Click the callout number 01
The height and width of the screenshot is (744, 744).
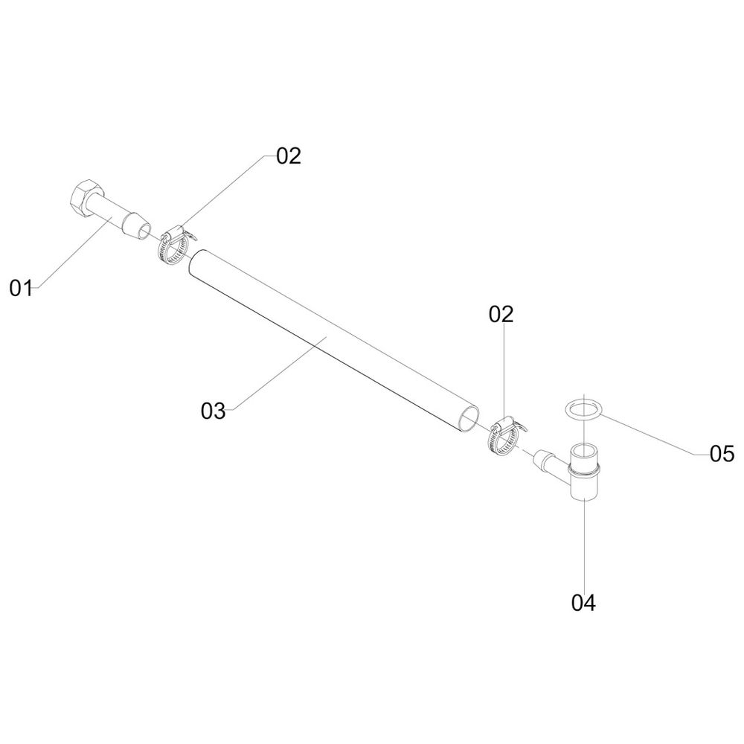[x=22, y=288]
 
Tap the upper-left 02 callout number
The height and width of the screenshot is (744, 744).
[x=289, y=155]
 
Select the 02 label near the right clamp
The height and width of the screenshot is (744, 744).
[x=501, y=314]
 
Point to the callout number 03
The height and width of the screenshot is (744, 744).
[x=213, y=411]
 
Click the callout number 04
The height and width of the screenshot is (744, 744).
[x=583, y=603]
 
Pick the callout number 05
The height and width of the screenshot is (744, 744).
[x=722, y=454]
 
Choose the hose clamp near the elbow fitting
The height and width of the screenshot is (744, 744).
[x=504, y=435]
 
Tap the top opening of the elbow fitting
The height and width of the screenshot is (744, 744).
[x=584, y=449]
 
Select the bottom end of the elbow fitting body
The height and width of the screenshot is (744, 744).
[x=583, y=495]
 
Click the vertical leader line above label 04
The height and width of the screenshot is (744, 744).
[x=584, y=545]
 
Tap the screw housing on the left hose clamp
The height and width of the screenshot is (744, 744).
[x=172, y=233]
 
